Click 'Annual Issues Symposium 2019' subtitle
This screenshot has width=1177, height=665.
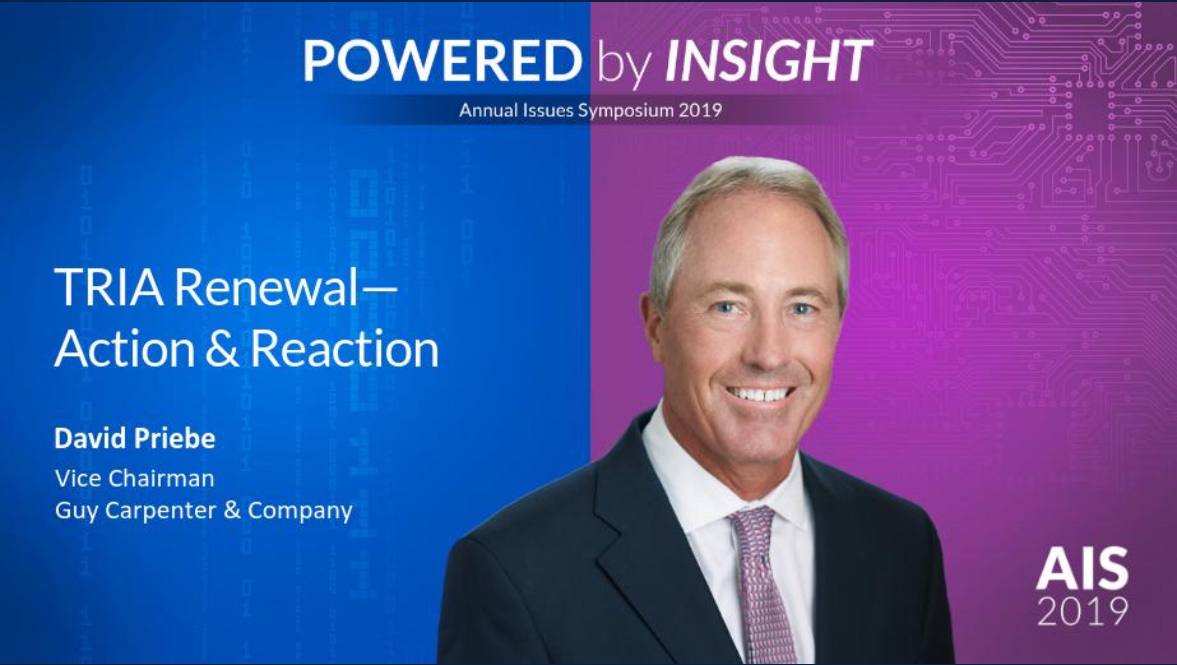[x=590, y=111]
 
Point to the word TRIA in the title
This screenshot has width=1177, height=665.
[x=109, y=287]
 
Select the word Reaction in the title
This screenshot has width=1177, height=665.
[x=345, y=348]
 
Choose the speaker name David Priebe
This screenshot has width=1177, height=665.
[x=135, y=438]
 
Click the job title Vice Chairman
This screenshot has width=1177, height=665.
[x=134, y=478]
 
